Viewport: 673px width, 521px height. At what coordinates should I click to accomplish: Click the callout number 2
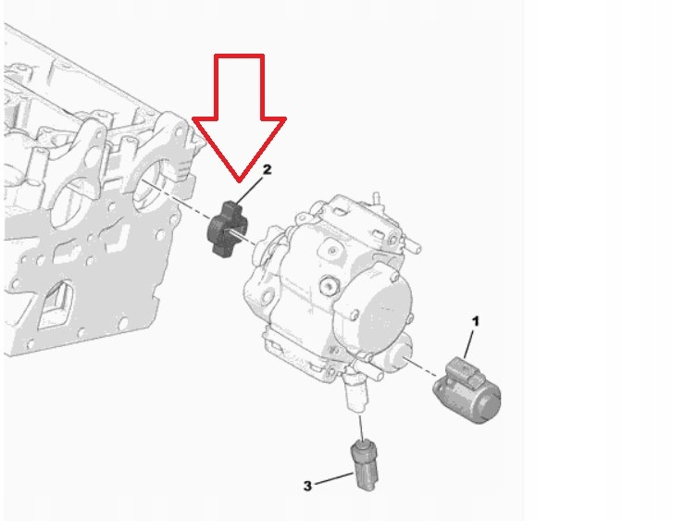click(x=267, y=169)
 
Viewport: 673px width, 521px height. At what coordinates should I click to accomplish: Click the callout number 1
click(x=475, y=321)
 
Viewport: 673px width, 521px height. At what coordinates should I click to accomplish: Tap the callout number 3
click(x=307, y=486)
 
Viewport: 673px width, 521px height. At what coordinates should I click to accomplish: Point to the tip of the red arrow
click(x=240, y=181)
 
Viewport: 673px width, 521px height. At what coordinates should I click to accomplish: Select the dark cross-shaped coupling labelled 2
click(x=225, y=229)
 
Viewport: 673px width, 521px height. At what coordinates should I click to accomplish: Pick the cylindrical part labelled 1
click(x=467, y=390)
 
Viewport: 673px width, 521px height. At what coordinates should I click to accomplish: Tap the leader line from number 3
click(x=334, y=479)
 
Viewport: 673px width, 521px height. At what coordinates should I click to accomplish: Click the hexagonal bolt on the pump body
click(x=330, y=286)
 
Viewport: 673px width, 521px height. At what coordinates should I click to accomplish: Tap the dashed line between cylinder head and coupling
click(x=176, y=201)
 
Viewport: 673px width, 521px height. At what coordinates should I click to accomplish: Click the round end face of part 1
click(x=489, y=403)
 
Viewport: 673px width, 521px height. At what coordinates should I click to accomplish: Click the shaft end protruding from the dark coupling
click(x=237, y=234)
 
